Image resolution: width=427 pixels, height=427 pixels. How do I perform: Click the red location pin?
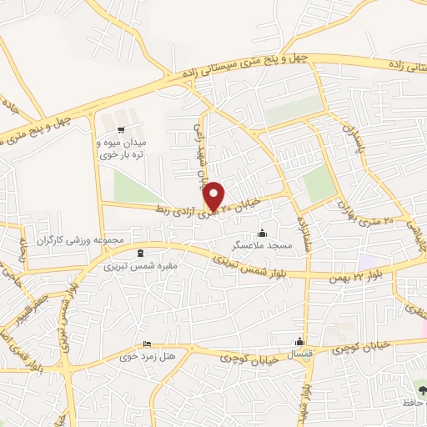tap(214, 194)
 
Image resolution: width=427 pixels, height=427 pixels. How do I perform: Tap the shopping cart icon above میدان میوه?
tap(122, 129)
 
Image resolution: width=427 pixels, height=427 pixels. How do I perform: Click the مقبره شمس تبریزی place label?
tap(138, 268)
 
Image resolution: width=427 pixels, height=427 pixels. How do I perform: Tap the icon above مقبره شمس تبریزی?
tap(138, 254)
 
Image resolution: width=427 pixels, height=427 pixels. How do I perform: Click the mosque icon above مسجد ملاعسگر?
tap(264, 233)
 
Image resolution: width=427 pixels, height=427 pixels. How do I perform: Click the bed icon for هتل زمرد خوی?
tap(148, 344)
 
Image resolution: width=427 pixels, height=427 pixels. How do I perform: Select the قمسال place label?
tap(299, 354)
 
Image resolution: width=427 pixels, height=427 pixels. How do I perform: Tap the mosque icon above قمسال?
tap(299, 341)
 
